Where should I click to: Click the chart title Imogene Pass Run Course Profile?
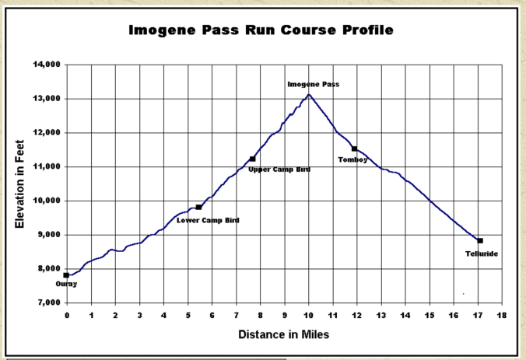[x=261, y=31]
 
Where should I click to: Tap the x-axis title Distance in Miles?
[x=285, y=334]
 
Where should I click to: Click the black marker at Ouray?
[x=67, y=275]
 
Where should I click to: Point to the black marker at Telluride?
[x=480, y=241]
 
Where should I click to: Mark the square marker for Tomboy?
[x=354, y=149]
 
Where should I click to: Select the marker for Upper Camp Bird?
[x=252, y=159]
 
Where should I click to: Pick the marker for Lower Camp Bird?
[x=198, y=207]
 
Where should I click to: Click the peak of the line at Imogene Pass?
[x=309, y=95]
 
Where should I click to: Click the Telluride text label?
[x=481, y=254]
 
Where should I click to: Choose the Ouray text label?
[x=67, y=285]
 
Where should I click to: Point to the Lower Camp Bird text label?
[x=208, y=221]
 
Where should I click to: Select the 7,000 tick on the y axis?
[x=48, y=302]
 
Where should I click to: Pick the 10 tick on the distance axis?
[x=308, y=315]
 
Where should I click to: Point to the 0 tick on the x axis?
[x=67, y=315]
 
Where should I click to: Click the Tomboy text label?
[x=352, y=159]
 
